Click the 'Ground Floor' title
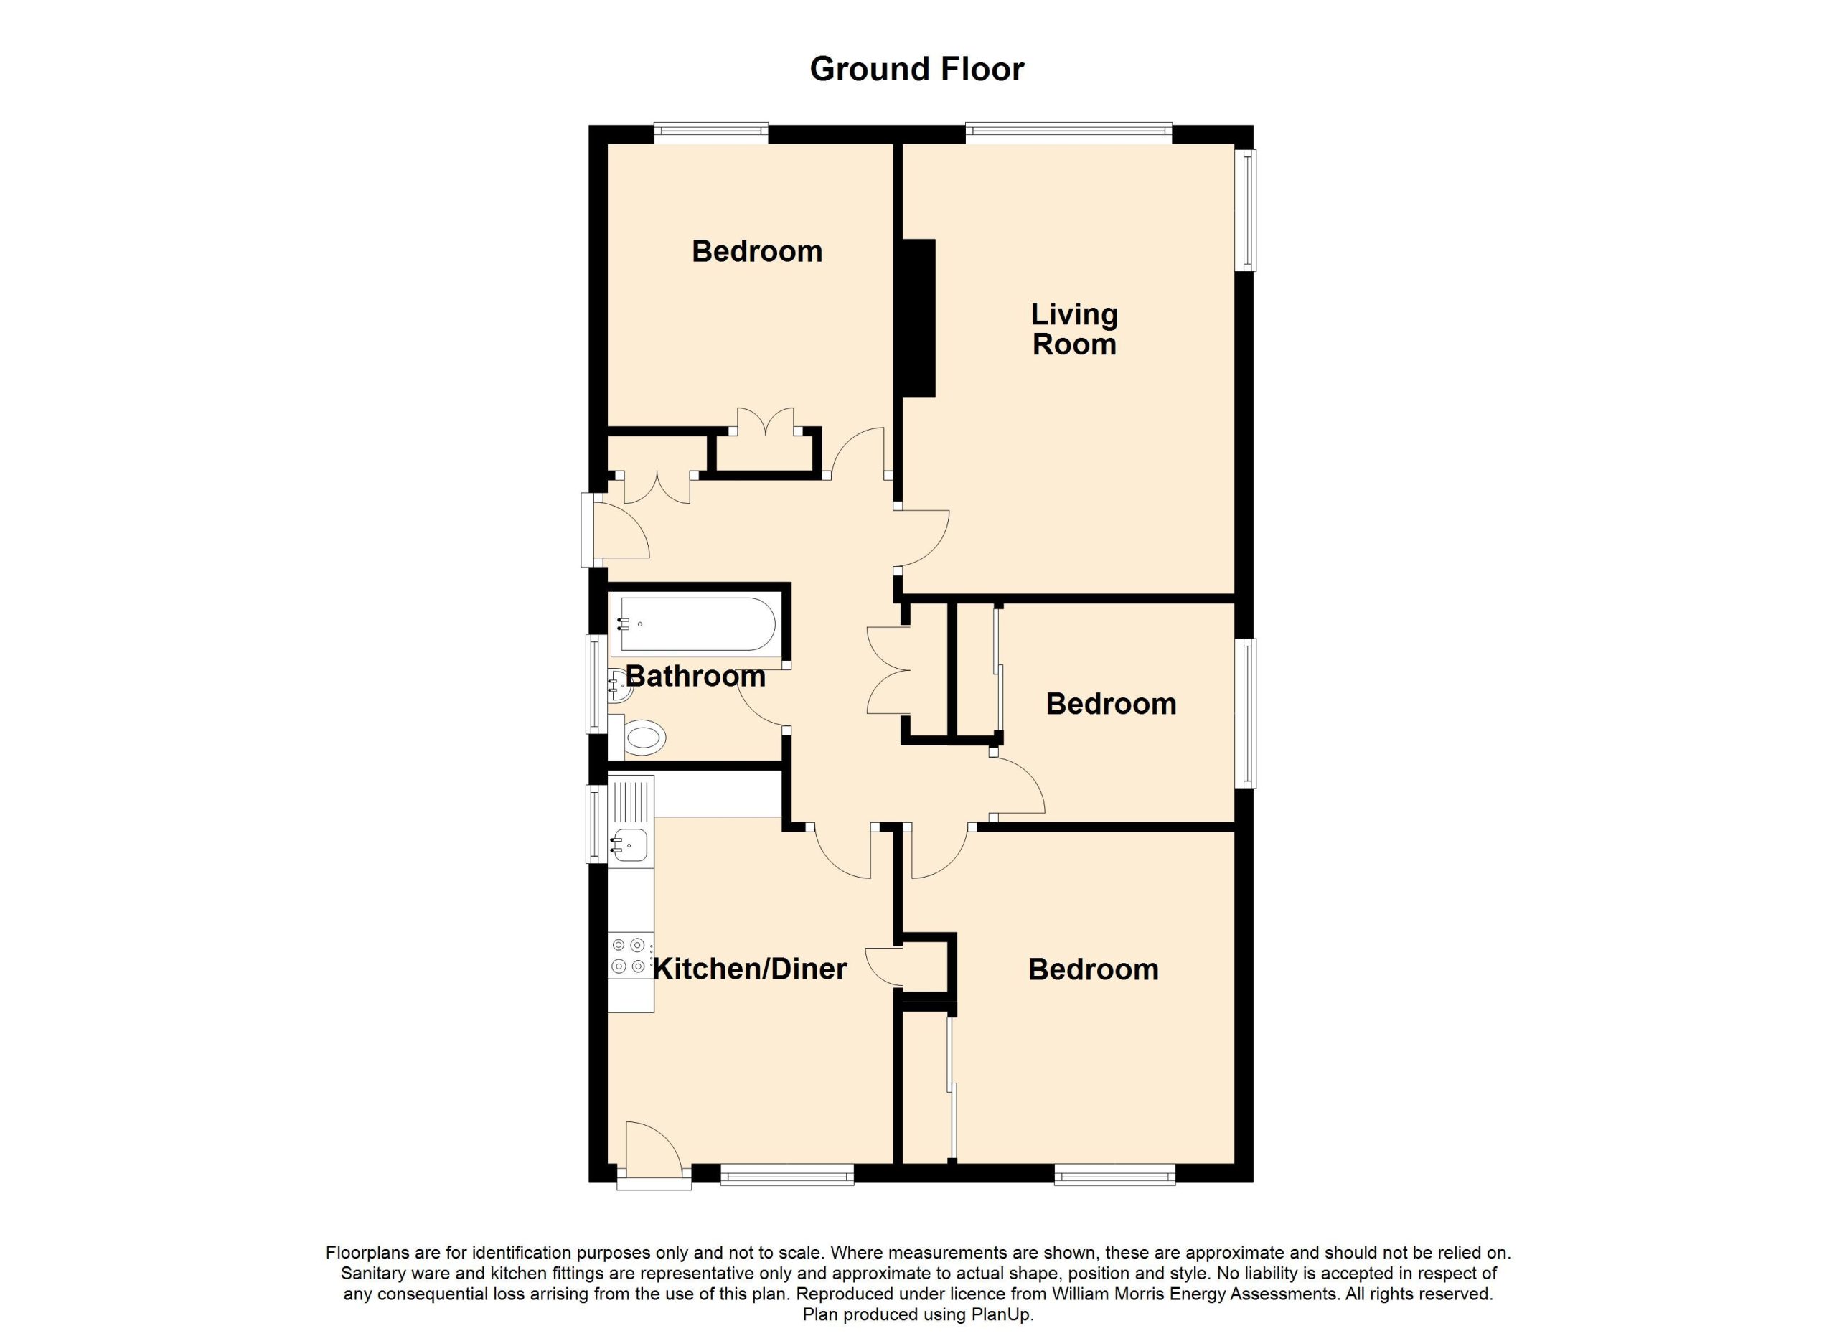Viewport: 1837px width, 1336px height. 917,70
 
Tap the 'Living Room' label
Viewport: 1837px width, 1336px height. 1075,329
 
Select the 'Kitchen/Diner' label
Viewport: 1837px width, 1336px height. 750,969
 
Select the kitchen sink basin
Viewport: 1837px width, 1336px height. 629,845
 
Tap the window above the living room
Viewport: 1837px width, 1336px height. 1068,133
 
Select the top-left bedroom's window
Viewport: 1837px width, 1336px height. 711,133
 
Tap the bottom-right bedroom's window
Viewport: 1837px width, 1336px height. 1114,1175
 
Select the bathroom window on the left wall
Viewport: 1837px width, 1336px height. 596,685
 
